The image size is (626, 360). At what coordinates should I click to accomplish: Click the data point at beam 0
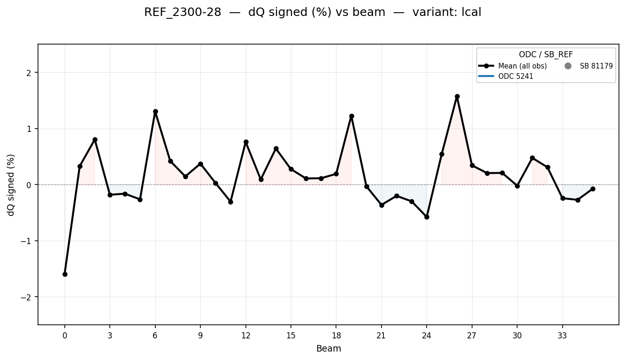pos(65,274)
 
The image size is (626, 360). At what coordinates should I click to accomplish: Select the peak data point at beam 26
pos(457,96)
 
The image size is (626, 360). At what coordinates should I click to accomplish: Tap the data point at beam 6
pos(155,112)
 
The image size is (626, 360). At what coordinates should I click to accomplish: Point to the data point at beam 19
pos(351,116)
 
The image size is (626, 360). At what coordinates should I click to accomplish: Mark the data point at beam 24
pos(427,217)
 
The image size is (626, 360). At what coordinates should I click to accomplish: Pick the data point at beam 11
pos(230,202)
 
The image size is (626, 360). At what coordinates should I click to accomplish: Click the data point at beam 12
pos(246,142)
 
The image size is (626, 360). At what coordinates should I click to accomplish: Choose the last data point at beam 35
pos(593,189)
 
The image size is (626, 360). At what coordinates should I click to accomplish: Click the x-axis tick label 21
pos(382,336)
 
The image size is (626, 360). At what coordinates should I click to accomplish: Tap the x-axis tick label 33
pos(562,336)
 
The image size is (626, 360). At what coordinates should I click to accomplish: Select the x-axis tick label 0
pos(65,336)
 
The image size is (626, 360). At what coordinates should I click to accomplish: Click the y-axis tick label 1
pos(31,129)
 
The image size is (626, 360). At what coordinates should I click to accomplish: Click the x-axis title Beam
pos(328,349)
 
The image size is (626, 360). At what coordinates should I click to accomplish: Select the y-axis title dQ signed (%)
pos(11,184)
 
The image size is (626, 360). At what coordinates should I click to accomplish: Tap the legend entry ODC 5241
pos(516,76)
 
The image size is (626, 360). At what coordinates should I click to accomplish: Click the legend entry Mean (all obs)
pos(522,66)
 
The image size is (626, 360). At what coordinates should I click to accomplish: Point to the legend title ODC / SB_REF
pos(546,55)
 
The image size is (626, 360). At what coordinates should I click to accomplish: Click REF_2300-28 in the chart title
pos(183,13)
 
